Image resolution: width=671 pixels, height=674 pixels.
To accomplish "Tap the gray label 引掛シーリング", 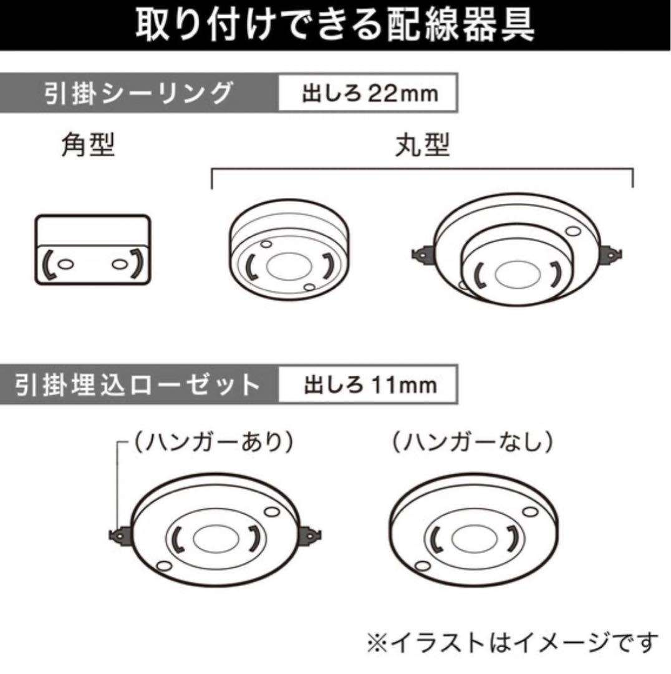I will [x=138, y=94].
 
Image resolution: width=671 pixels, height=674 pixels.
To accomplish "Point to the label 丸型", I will [x=422, y=147].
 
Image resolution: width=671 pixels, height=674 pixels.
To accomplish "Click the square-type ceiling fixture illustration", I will [x=92, y=250].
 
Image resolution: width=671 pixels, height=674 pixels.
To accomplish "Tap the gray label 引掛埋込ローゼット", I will [x=138, y=384].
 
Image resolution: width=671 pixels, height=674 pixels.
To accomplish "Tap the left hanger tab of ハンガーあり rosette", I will [x=118, y=535].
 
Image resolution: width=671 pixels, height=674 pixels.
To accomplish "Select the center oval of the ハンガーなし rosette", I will [x=468, y=537].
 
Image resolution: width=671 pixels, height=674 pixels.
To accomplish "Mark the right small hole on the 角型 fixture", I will [x=117, y=263].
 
